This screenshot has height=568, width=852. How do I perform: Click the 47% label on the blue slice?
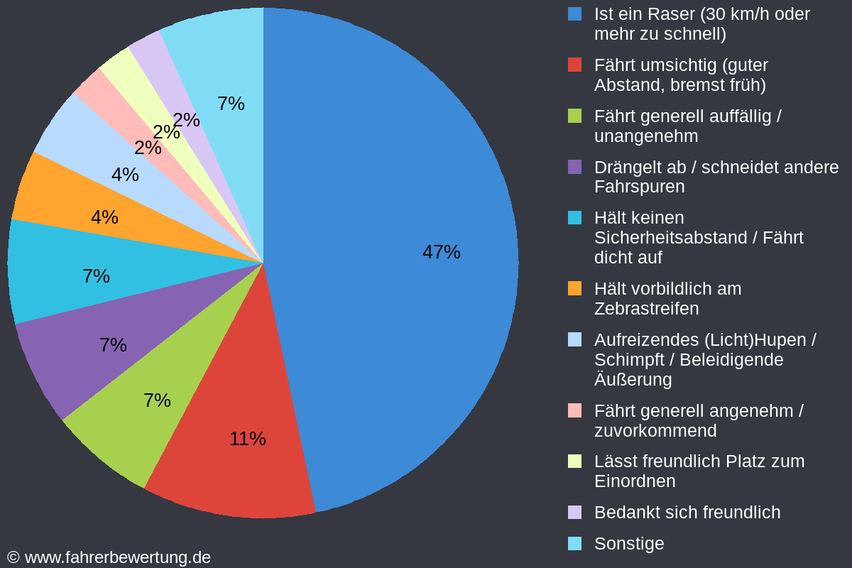(441, 252)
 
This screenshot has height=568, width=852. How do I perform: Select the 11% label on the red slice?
(247, 439)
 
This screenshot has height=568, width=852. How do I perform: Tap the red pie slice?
(234, 469)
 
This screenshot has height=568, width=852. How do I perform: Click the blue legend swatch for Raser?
(575, 13)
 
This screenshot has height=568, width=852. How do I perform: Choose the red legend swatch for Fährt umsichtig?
(575, 65)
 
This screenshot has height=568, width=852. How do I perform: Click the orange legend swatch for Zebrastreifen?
(575, 288)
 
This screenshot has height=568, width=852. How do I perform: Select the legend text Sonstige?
(629, 543)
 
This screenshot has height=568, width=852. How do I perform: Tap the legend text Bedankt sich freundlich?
(687, 512)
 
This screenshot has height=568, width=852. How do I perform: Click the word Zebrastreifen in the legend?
(646, 309)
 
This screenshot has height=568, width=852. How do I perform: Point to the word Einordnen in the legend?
(634, 481)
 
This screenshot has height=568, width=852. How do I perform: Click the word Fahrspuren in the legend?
(639, 187)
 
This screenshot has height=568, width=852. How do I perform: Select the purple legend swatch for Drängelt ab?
(575, 167)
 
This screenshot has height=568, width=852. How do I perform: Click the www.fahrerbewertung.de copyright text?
(117, 557)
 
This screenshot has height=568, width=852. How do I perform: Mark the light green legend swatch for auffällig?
(575, 116)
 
